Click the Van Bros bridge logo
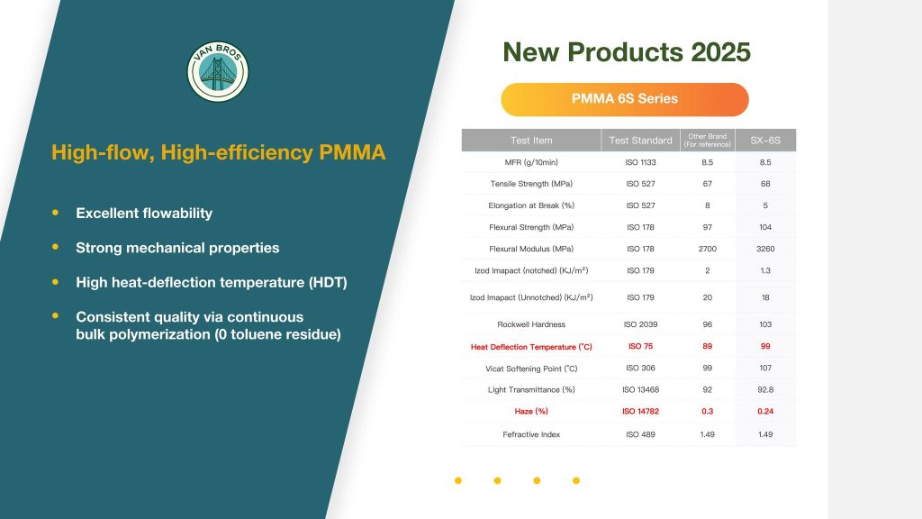[x=218, y=71]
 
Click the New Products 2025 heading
[x=627, y=51]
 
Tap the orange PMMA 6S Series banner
[x=625, y=99]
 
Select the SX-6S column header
[x=765, y=140]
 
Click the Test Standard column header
[x=640, y=140]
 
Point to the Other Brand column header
[x=708, y=140]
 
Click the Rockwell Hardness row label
[x=531, y=324]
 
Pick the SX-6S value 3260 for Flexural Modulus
[x=765, y=249]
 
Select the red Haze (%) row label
[x=531, y=411]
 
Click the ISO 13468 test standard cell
[x=640, y=389]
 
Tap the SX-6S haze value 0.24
[x=765, y=411]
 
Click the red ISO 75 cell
[x=640, y=346]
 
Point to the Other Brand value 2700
[x=708, y=249]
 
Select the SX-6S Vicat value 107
[x=765, y=368]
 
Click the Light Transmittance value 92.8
[x=765, y=389]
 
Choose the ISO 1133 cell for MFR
[x=640, y=162]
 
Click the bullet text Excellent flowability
[x=144, y=213]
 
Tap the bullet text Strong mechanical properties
[x=177, y=248]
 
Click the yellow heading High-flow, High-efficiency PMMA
[x=219, y=152]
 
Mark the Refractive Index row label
[x=531, y=434]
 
